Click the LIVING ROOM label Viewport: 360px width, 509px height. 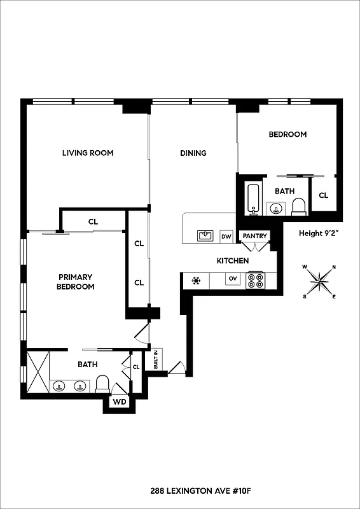click(x=88, y=153)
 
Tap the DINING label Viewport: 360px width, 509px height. click(x=193, y=153)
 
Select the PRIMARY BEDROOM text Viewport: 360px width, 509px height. click(x=76, y=282)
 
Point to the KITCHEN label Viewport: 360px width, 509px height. click(x=232, y=261)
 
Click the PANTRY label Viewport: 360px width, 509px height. click(x=254, y=236)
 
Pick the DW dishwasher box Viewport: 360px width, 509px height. click(x=226, y=236)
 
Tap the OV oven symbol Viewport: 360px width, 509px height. click(x=233, y=279)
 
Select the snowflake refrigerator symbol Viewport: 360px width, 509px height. click(x=197, y=280)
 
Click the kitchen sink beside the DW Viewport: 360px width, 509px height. click(x=205, y=236)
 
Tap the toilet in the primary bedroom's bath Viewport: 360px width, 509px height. click(x=103, y=384)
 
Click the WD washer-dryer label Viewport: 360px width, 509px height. click(x=119, y=402)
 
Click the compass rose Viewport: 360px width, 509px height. click(x=319, y=280)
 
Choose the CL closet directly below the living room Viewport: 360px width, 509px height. click(x=93, y=222)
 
